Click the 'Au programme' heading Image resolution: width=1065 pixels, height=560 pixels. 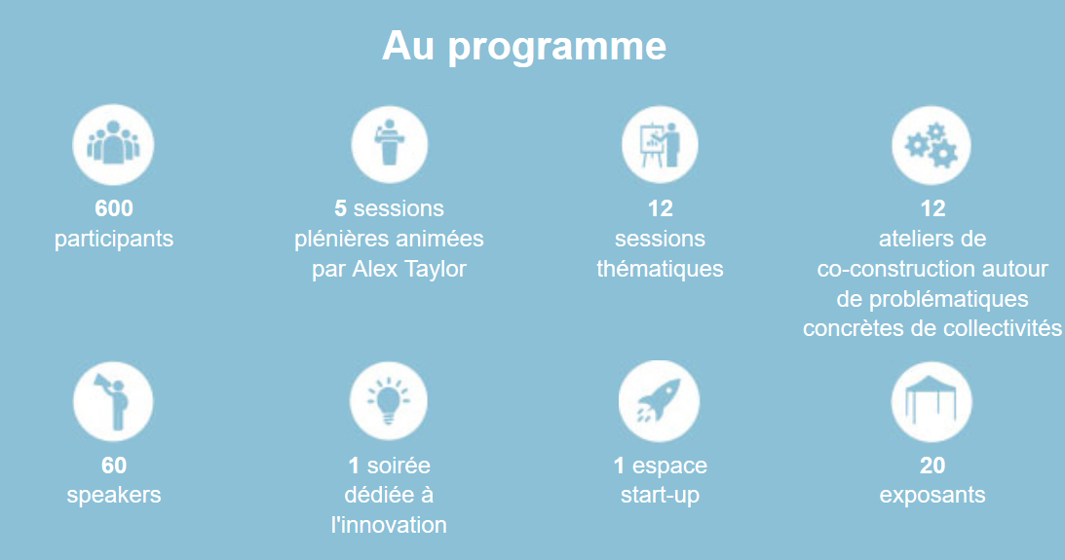click(x=523, y=46)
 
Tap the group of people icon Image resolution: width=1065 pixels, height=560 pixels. click(x=113, y=144)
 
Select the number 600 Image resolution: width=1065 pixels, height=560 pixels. click(x=114, y=207)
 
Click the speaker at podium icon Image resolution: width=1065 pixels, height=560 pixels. click(x=389, y=144)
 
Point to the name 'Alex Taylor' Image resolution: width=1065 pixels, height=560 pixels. click(x=409, y=269)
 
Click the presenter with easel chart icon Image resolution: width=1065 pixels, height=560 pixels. click(x=660, y=144)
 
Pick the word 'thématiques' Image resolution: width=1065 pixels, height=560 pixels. click(x=661, y=269)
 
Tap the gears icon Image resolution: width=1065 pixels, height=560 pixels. click(x=932, y=144)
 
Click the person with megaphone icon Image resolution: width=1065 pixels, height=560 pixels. click(x=113, y=401)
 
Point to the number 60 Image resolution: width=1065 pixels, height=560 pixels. click(x=114, y=465)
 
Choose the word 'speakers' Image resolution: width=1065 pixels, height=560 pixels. click(x=114, y=495)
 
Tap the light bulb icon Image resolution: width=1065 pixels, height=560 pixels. click(x=389, y=401)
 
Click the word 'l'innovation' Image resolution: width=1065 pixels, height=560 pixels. click(x=389, y=525)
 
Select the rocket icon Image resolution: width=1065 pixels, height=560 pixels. click(x=659, y=401)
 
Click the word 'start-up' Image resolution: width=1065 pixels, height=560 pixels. click(x=661, y=495)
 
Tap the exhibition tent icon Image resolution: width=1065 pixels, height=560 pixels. click(x=932, y=401)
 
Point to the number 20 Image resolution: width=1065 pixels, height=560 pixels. click(x=932, y=465)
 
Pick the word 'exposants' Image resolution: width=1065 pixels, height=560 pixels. click(x=932, y=495)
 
